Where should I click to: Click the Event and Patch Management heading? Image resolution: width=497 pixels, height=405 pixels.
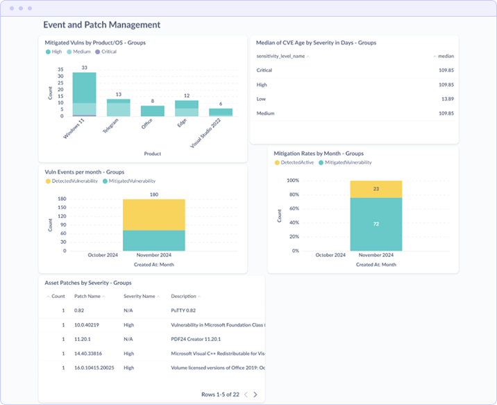[x=101, y=25]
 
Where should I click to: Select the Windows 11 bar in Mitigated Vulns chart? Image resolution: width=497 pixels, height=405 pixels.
[x=84, y=94]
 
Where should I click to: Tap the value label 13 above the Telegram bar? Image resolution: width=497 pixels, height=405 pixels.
[x=118, y=94]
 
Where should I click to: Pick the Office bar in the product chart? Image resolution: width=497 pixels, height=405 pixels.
[x=152, y=111]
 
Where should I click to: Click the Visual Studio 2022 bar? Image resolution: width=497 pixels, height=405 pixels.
[x=221, y=112]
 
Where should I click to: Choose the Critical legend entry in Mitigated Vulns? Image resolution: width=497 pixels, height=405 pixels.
[x=106, y=51]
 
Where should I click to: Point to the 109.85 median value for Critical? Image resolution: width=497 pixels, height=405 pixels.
[x=446, y=70]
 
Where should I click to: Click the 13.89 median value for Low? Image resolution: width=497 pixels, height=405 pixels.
[x=447, y=99]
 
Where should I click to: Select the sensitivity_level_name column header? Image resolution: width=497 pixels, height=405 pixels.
[x=282, y=56]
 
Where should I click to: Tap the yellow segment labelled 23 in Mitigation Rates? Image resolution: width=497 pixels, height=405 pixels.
[x=376, y=189]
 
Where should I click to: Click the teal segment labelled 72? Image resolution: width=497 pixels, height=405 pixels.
[x=376, y=224]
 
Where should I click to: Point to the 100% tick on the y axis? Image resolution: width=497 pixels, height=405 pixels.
[x=292, y=181]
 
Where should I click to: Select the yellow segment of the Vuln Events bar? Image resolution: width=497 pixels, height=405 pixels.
[x=153, y=215]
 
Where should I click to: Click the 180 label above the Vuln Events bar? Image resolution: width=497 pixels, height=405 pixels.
[x=154, y=195]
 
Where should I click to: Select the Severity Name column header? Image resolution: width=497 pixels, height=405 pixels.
[x=140, y=296]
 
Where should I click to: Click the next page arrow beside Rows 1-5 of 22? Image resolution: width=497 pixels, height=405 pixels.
[x=255, y=395]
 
